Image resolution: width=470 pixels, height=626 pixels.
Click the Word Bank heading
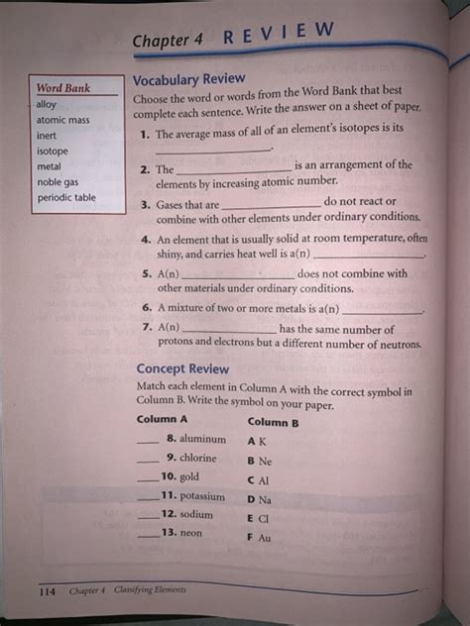point(63,88)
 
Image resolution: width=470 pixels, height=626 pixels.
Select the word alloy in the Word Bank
point(47,104)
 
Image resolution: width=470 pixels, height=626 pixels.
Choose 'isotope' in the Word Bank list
point(52,152)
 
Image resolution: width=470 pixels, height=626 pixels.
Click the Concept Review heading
point(182,369)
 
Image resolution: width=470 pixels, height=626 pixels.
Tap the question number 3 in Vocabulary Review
point(145,204)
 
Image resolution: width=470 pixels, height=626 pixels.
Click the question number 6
point(146,307)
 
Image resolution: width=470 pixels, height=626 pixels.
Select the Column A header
point(162,419)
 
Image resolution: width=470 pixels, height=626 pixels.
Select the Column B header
point(273,422)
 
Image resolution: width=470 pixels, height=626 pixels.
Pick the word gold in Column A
point(190,476)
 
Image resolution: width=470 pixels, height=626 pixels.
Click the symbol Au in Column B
point(264,538)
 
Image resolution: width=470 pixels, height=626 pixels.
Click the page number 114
point(47,591)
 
